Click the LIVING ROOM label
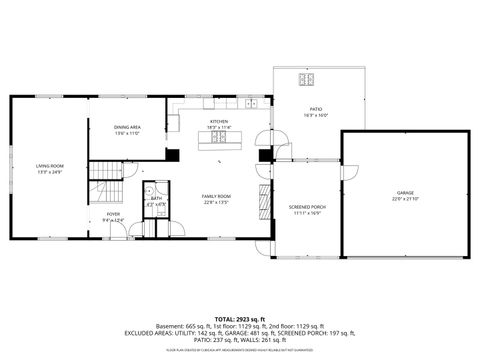tap(49, 165)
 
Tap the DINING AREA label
tap(126, 127)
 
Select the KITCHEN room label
tap(219, 121)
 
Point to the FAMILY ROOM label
tap(216, 195)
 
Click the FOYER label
tap(113, 213)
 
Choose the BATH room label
tap(157, 198)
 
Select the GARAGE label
tap(405, 192)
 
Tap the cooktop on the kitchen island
tap(217, 142)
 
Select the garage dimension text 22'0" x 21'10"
tap(405, 199)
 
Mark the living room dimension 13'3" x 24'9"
tap(49, 172)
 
